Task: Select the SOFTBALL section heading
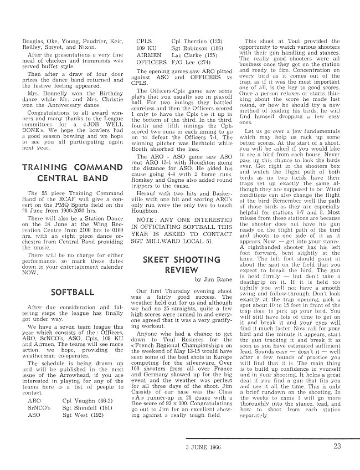coord(73,292)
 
